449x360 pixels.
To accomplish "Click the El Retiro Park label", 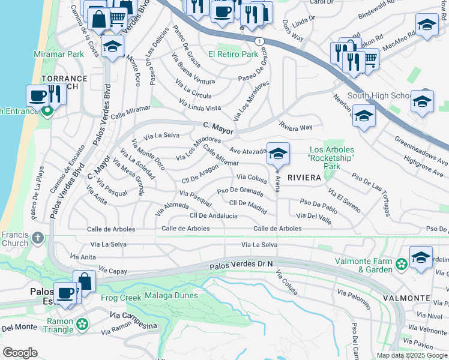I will [233, 54].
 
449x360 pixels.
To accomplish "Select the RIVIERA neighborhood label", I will [304, 178].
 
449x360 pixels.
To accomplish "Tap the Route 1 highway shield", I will [259, 41].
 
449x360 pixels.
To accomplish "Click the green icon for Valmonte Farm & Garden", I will [401, 263].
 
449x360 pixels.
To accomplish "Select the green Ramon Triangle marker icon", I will [82, 325].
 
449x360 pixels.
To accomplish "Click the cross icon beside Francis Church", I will [38, 238].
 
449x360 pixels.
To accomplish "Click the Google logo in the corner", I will [20, 353].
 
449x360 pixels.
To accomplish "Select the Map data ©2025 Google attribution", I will [412, 355].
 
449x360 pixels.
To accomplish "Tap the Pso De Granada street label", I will [240, 191].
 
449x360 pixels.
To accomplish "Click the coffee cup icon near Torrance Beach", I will [38, 95].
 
